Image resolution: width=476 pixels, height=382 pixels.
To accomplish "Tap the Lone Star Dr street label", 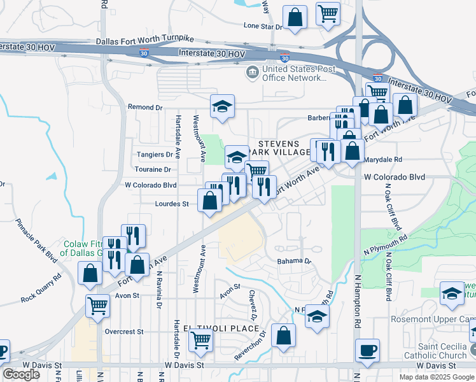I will coord(263,26).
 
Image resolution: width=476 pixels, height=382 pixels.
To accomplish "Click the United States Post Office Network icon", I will coord(253,73).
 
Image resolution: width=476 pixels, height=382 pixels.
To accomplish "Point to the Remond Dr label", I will coord(145,107).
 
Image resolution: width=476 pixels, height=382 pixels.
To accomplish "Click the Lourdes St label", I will coord(172,204).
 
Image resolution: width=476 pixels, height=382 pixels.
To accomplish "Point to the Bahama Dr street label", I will coord(293,261).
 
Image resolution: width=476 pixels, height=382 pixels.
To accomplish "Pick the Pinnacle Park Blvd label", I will coord(38,241).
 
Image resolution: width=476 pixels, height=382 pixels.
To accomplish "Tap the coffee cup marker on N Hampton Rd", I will coord(368,350).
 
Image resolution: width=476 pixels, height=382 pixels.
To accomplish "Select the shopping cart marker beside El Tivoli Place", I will coord(201,341).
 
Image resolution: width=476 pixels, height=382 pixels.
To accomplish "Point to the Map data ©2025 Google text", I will coord(437,376).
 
